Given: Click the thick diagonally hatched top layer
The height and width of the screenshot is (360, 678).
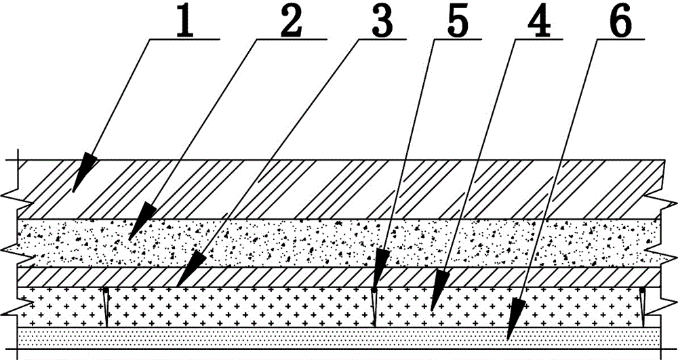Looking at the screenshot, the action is tap(339, 189).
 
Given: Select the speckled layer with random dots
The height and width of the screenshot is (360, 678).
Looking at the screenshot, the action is tap(339, 242).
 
